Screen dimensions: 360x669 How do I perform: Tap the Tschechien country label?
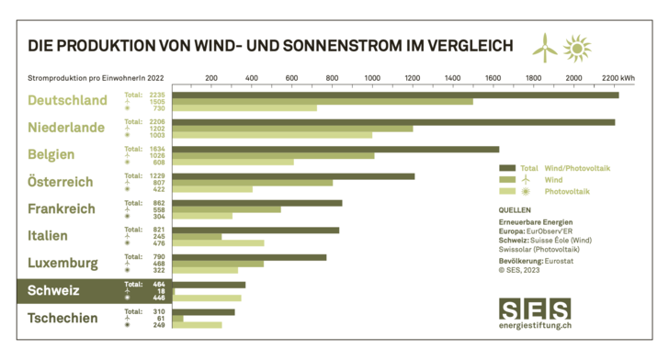[63, 318]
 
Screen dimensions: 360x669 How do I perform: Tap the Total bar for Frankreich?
[256, 203]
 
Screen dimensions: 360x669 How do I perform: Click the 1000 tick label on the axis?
[372, 78]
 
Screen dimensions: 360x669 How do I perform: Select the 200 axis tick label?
[211, 78]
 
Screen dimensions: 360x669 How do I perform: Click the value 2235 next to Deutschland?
[157, 94]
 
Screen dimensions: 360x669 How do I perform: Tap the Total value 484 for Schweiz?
[157, 284]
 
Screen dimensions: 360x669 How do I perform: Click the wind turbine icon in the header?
[545, 45]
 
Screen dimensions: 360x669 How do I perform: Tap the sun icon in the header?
[577, 46]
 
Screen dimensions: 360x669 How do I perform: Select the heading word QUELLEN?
[514, 210]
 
